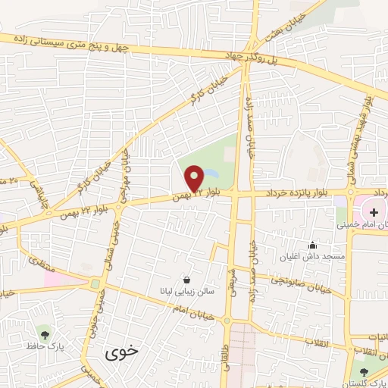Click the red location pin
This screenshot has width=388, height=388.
195,179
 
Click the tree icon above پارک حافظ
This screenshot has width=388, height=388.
45,333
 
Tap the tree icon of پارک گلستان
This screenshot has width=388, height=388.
364,371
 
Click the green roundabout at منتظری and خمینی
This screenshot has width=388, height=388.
95,285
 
